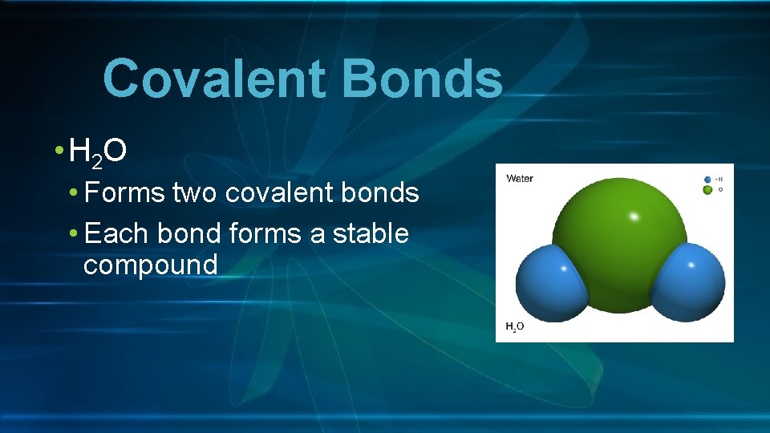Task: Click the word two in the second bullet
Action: tap(196, 193)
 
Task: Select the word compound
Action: tap(150, 265)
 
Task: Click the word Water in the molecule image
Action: tap(520, 179)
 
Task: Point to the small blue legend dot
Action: tap(707, 180)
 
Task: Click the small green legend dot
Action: tap(707, 190)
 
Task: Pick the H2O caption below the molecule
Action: tap(515, 326)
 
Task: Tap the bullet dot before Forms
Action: tap(74, 194)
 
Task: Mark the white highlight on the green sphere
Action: tap(634, 216)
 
